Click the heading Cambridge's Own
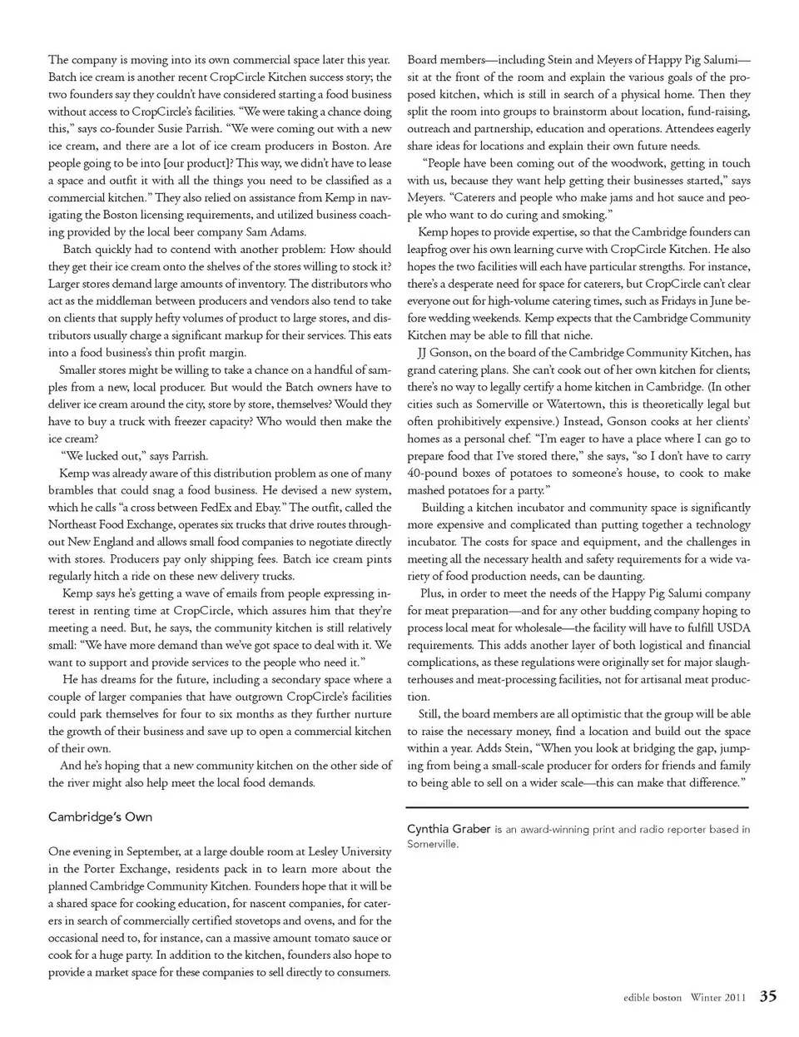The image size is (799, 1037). [x=100, y=816]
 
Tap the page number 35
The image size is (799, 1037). [x=767, y=996]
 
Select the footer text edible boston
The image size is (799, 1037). [x=653, y=997]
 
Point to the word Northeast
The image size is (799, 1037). [x=74, y=524]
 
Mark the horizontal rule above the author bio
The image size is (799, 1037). [x=578, y=808]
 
